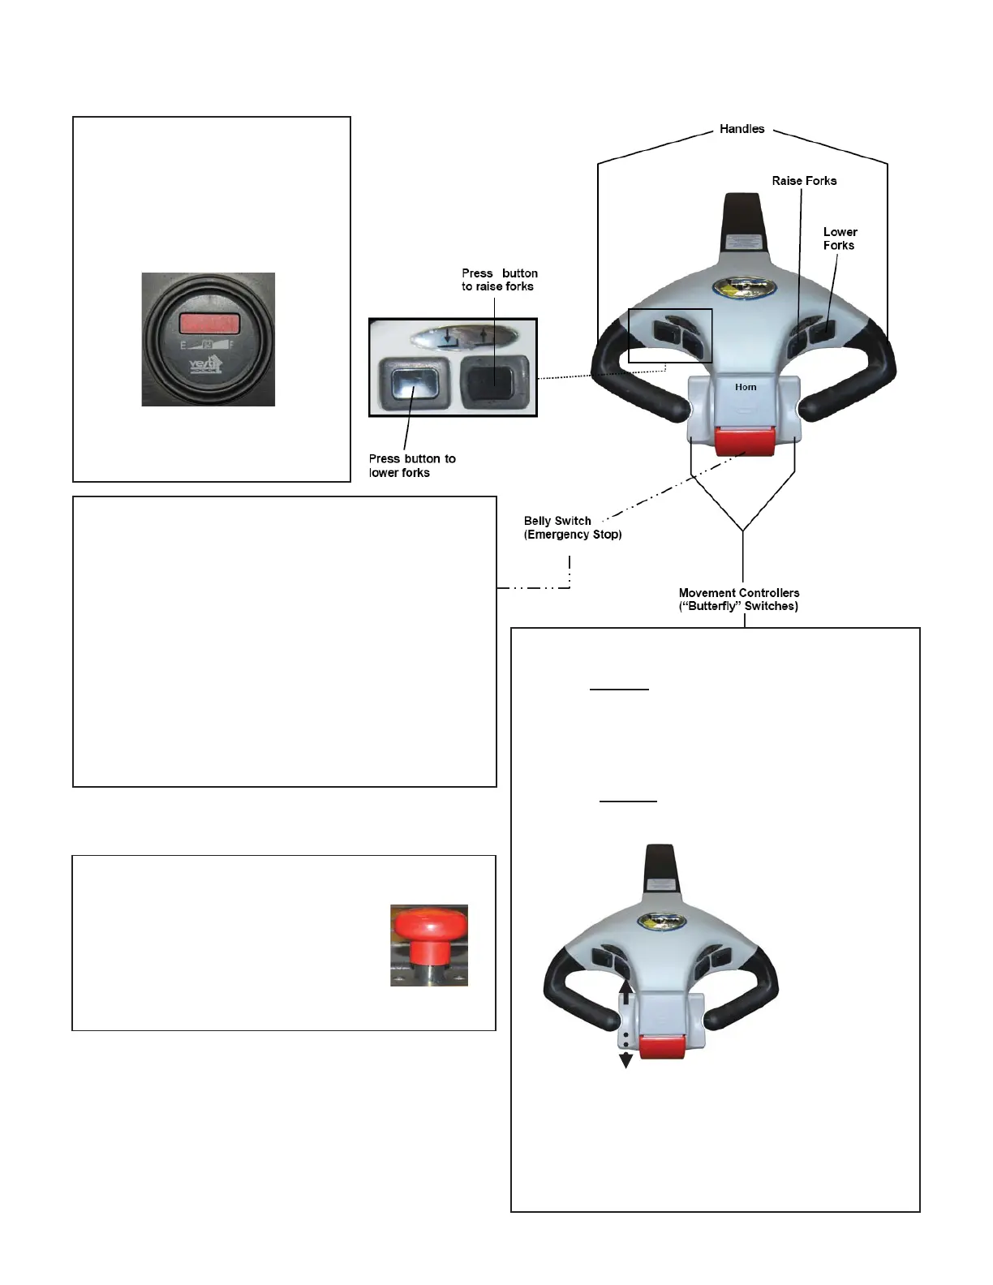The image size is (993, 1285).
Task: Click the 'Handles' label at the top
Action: pos(742,129)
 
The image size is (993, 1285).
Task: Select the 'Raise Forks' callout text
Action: pos(803,181)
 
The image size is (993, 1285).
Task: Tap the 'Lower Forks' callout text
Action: pos(840,239)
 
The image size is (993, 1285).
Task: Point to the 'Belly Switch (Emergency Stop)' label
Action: pos(572,527)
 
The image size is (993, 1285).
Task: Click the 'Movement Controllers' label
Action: pos(738,600)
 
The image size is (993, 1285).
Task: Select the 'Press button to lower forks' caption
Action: pos(411,466)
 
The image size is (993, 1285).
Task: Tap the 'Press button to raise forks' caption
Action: pos(499,280)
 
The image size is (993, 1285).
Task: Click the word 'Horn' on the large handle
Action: pos(746,387)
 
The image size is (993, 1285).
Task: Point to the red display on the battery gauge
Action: pos(209,323)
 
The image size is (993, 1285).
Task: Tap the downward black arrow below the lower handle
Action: pos(625,1059)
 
